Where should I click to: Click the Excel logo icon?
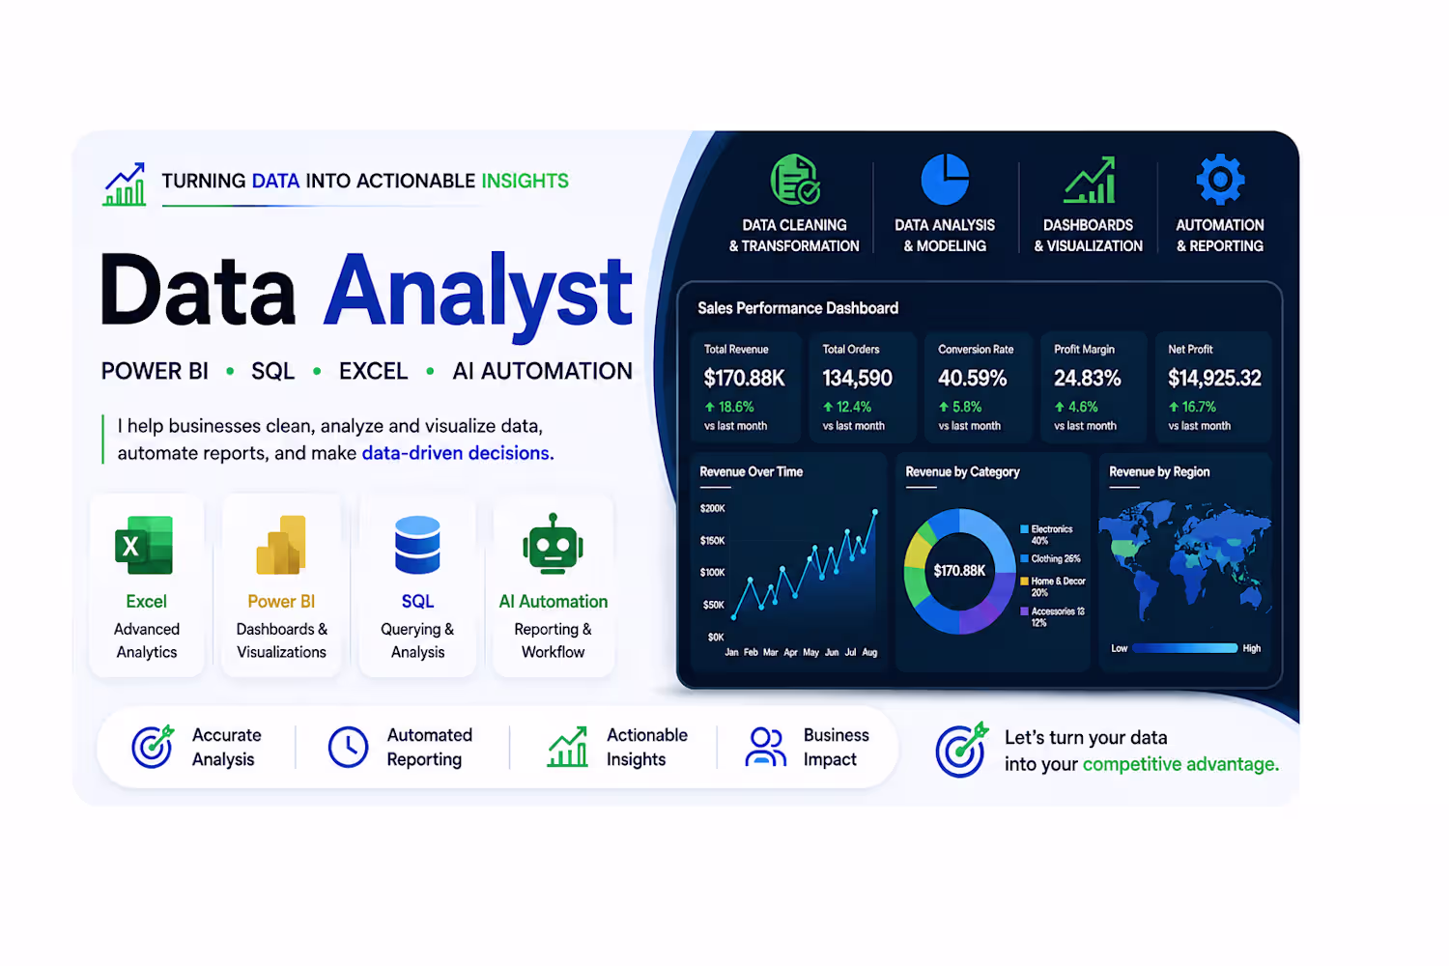click(x=144, y=545)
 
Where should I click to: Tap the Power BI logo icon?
click(x=281, y=545)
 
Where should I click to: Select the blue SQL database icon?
click(x=417, y=545)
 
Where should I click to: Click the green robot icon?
click(x=554, y=544)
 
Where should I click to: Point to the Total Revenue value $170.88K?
click(x=744, y=378)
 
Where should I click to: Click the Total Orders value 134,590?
click(x=857, y=378)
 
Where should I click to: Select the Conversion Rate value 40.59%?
click(x=972, y=378)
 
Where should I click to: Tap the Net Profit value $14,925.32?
click(x=1214, y=378)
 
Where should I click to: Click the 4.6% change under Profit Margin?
click(x=1076, y=407)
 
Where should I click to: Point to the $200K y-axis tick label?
click(x=712, y=508)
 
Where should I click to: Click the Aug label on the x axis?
click(x=869, y=652)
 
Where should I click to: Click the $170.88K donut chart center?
click(x=959, y=571)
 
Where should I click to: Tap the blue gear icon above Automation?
click(x=1220, y=180)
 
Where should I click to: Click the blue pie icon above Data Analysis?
click(x=945, y=180)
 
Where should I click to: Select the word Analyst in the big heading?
click(x=478, y=295)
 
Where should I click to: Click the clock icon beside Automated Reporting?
click(x=348, y=748)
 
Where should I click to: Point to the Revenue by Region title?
click(x=1159, y=471)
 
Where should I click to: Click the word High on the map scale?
click(x=1252, y=648)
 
